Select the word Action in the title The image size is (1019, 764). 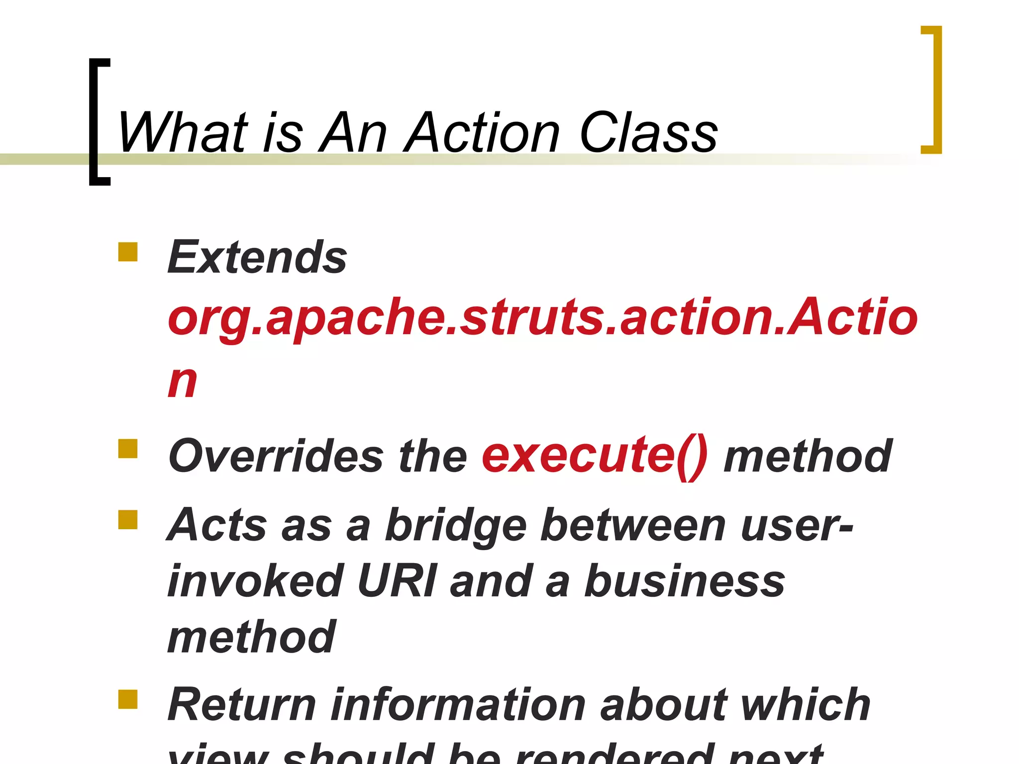483,132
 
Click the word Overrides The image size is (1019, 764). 276,456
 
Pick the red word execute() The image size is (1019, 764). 595,456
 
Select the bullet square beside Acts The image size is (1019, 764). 128,520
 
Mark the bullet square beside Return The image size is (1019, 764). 128,699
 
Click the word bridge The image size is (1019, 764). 456,526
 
